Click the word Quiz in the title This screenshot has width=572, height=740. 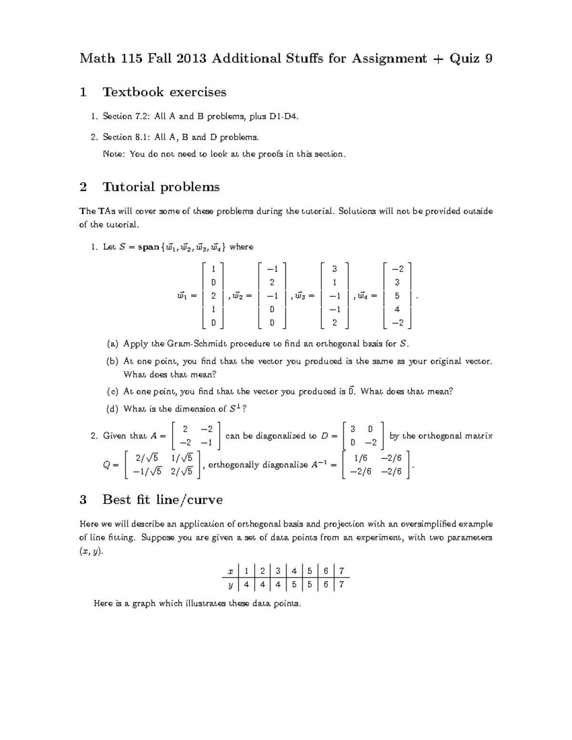(x=463, y=59)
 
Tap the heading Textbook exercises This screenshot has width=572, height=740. (x=164, y=92)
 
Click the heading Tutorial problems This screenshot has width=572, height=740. (x=161, y=187)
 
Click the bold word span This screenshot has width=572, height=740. (x=148, y=247)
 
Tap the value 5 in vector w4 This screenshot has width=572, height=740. (x=397, y=296)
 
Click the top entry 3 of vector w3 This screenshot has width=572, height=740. (x=335, y=269)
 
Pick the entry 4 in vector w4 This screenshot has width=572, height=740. (x=397, y=309)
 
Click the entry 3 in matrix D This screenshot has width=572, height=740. (x=353, y=429)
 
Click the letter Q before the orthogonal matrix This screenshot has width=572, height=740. (x=107, y=465)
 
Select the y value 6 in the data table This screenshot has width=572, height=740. (x=326, y=584)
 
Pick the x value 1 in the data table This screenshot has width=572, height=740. (x=246, y=571)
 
